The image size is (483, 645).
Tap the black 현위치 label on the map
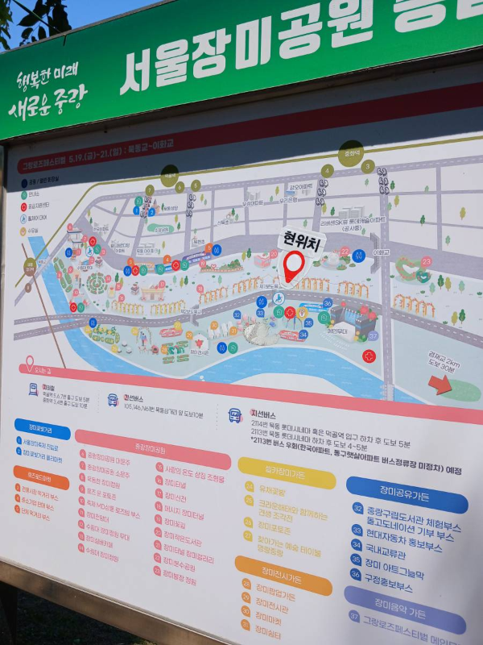tap(300, 239)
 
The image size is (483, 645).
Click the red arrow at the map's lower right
tap(440, 385)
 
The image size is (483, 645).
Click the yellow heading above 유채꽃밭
tap(287, 473)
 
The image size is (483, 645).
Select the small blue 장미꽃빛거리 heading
tap(42, 428)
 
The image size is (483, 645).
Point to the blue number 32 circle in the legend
tap(357, 508)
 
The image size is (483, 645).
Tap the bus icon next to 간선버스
tap(113, 400)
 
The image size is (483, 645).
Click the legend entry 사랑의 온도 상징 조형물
tap(195, 477)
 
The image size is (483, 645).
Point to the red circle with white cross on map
tap(369, 356)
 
